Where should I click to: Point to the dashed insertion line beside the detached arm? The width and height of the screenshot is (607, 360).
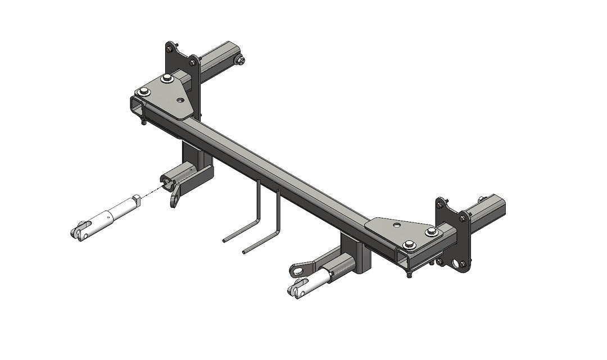(x=150, y=193)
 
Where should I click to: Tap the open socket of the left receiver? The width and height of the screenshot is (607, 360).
(x=167, y=180)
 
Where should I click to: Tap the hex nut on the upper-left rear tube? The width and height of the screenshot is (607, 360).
(x=241, y=61)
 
